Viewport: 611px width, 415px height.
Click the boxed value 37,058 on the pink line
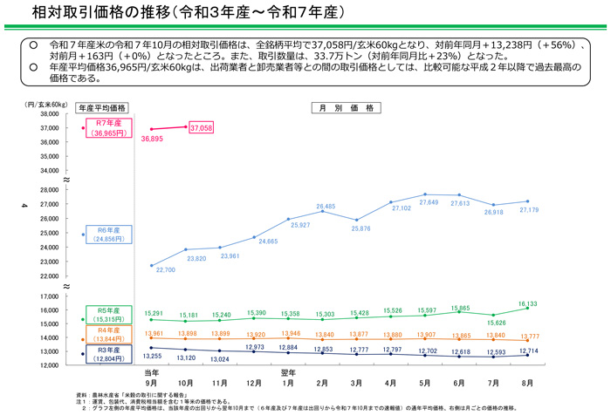[201, 127]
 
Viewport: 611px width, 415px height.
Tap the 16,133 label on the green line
[528, 304]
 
